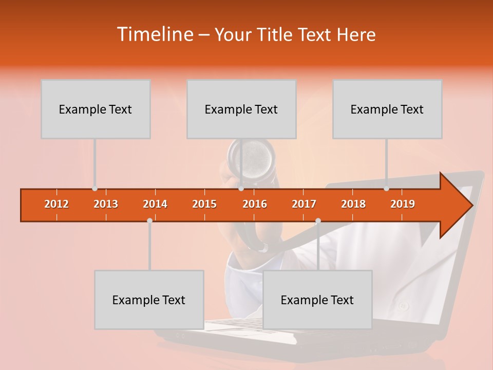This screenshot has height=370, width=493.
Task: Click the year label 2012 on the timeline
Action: (56, 204)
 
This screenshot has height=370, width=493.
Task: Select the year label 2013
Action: (106, 204)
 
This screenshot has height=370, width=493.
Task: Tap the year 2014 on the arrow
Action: (155, 204)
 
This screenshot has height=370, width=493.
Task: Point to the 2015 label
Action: (204, 204)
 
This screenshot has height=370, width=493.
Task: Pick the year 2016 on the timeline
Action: (255, 204)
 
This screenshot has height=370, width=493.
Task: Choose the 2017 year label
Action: (304, 204)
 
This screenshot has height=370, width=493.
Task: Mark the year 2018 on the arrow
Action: (353, 204)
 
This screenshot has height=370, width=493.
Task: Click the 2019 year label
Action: (403, 204)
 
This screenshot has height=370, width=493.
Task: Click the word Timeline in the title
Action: (155, 34)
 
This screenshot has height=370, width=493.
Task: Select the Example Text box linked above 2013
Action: (96, 109)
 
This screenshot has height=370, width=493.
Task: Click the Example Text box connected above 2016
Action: (241, 109)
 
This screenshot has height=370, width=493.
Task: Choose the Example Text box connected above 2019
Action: (387, 109)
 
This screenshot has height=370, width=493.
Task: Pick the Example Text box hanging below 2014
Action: (149, 300)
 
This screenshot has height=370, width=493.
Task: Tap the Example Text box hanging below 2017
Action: (317, 300)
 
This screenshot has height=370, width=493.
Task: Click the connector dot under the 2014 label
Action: (149, 220)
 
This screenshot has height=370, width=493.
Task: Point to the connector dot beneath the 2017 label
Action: (318, 220)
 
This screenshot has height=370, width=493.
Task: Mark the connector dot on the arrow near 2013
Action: (94, 189)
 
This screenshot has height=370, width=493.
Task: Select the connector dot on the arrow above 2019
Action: (386, 189)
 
